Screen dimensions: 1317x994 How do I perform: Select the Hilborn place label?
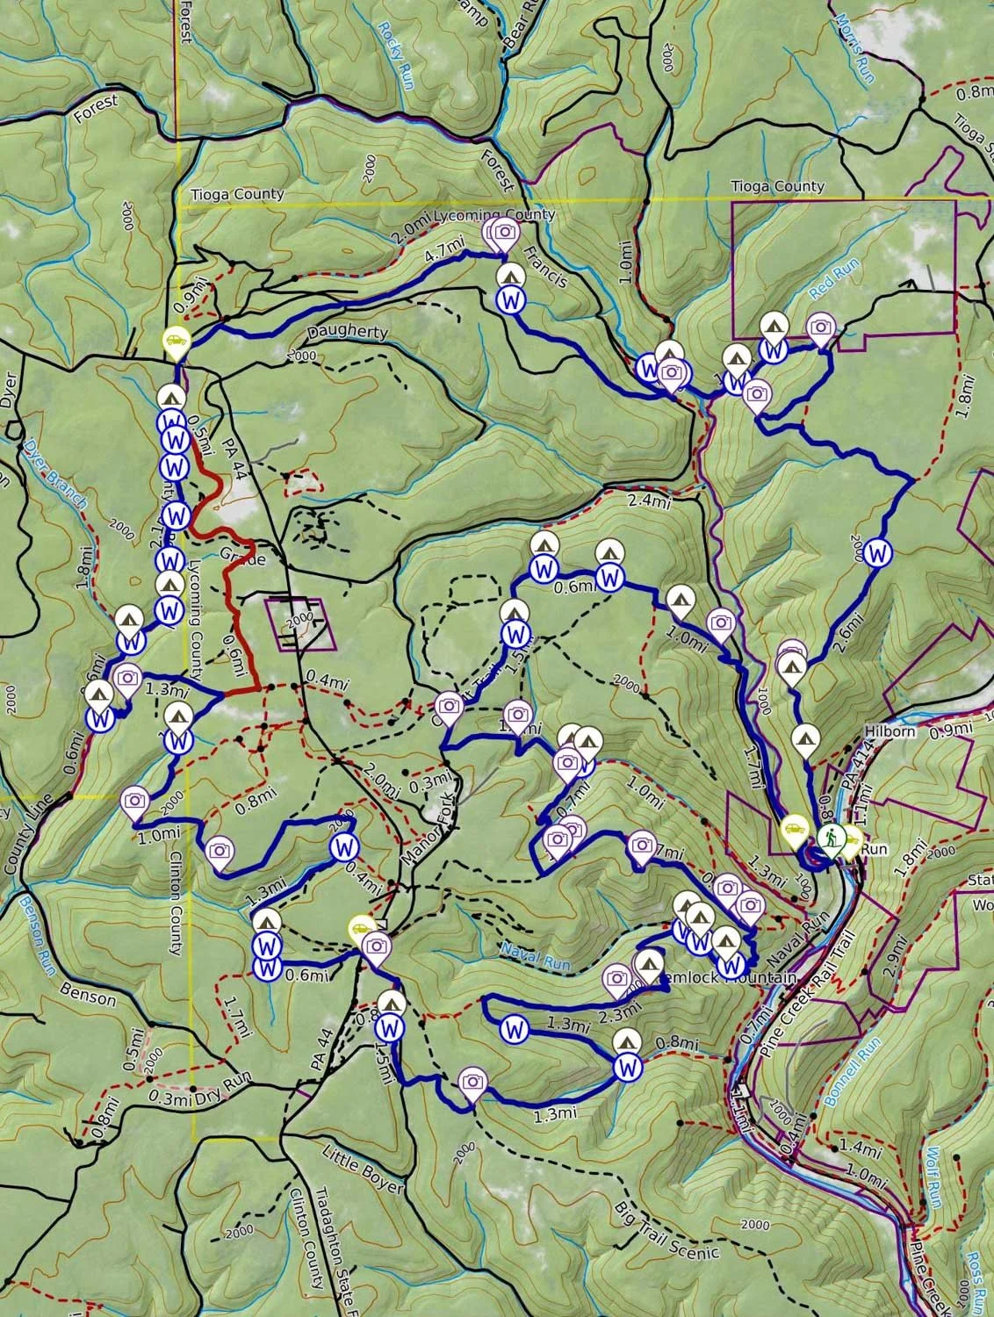(x=890, y=731)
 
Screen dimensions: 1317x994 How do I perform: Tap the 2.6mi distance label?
(x=844, y=630)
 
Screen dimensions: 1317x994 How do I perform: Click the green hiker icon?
(x=830, y=839)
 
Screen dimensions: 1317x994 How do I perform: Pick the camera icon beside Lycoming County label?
(x=504, y=232)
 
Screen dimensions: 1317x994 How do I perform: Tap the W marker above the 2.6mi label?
(x=876, y=553)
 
